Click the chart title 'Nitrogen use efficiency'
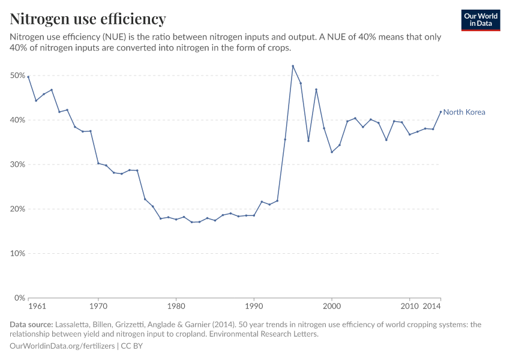coord(88,19)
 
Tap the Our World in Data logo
coord(480,20)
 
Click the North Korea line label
coord(464,112)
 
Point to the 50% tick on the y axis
coord(17,76)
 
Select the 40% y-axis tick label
coord(17,120)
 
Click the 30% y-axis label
coord(17,164)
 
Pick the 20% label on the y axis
coord(17,209)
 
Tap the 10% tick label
coord(17,253)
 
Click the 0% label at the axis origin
coord(19,298)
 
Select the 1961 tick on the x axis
coord(37,307)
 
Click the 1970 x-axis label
coord(98,307)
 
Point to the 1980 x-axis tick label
coord(176,307)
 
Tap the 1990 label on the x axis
coord(254,307)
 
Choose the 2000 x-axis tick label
coord(332,307)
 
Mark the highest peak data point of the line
coord(293,66)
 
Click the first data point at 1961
coord(28,77)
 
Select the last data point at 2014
coord(440,112)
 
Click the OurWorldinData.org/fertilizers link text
coord(64,346)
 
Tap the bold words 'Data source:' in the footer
coord(31,325)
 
